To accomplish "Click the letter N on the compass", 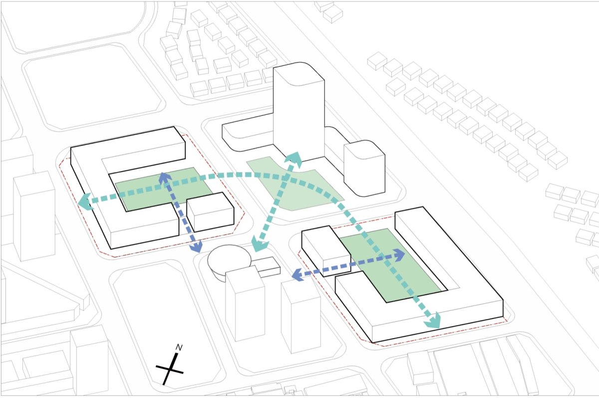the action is tap(179, 348).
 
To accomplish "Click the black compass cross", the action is tap(170, 369).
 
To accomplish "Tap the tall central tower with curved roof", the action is tap(299, 112).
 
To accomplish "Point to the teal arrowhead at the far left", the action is tap(85, 201).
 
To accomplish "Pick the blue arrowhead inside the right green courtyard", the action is tap(399, 254).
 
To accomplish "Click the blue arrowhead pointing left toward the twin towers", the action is tap(298, 275).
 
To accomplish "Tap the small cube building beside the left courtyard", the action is tap(210, 212).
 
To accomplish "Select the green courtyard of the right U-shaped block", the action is tap(390, 265).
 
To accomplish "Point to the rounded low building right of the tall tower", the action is tap(364, 169).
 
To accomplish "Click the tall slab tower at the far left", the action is tap(34, 215).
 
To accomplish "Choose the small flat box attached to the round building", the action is tap(268, 267).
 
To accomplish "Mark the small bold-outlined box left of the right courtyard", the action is tap(326, 251).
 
